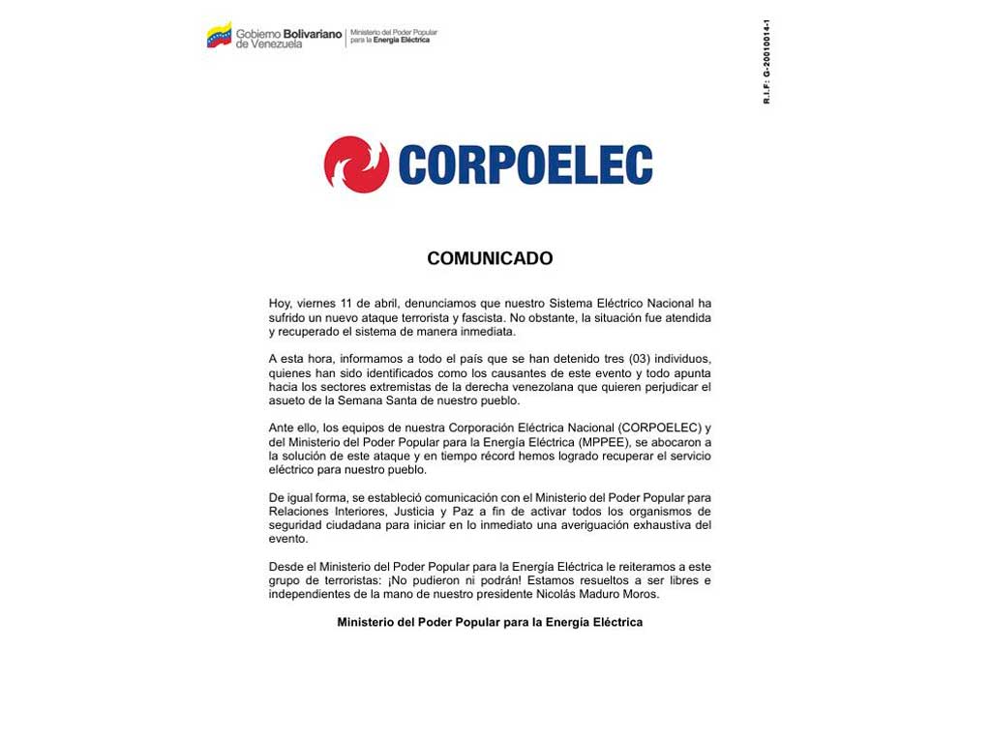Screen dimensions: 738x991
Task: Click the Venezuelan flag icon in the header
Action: click(x=219, y=37)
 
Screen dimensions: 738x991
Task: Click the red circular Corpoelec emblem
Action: click(x=356, y=164)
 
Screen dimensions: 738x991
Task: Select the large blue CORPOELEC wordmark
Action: click(x=526, y=165)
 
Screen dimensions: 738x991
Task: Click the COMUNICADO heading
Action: click(x=490, y=258)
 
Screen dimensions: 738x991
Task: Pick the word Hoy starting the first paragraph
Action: click(x=280, y=304)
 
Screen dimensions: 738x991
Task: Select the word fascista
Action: click(x=447, y=317)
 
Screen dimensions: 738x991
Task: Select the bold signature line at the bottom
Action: click(x=490, y=622)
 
